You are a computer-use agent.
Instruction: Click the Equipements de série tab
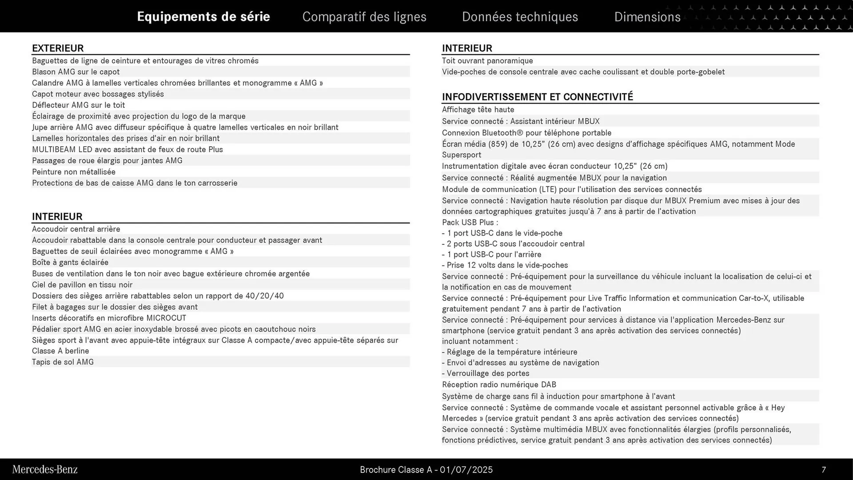203,17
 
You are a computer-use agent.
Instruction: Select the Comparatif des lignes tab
364,17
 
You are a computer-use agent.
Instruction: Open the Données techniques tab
520,17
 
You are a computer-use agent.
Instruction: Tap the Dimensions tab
647,17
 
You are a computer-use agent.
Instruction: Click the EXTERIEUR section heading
58,48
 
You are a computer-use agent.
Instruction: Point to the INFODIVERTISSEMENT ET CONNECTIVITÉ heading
537,97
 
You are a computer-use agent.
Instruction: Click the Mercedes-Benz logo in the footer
45,469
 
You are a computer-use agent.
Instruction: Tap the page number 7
824,470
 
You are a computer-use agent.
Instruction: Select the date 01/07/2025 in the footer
466,470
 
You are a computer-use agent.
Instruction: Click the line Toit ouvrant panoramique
487,61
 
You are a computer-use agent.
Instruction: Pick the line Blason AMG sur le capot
76,72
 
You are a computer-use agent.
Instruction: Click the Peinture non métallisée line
74,172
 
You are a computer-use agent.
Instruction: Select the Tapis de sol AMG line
63,362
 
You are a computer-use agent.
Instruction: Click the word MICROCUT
166,318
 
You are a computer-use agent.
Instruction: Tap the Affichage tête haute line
478,110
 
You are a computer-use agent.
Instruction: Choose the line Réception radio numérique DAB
499,385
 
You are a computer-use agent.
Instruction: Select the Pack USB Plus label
470,223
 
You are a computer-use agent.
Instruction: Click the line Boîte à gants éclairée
70,263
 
